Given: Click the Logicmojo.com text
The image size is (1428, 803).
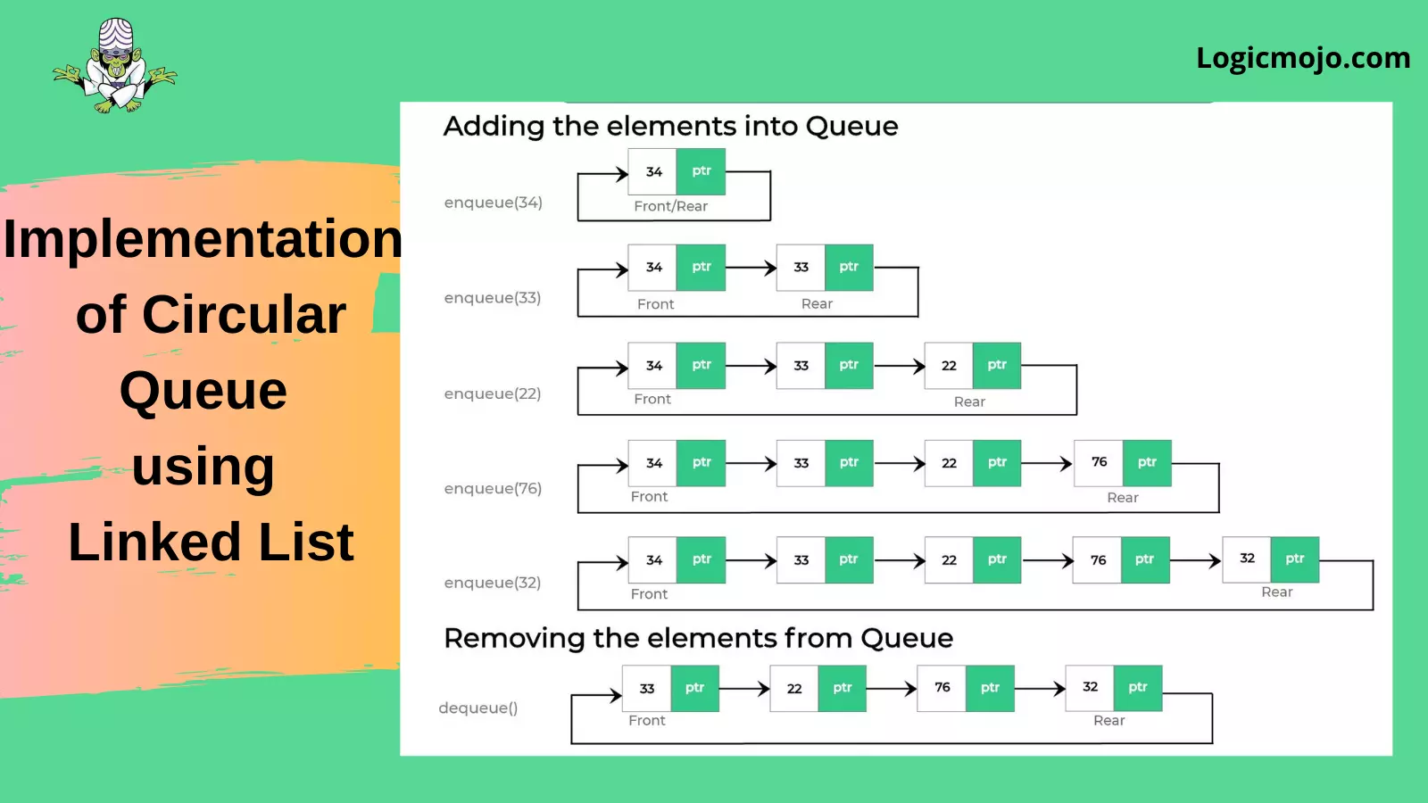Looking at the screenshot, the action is pyautogui.click(x=1303, y=59).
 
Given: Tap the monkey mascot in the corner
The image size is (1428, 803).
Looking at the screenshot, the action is pyautogui.click(x=115, y=66).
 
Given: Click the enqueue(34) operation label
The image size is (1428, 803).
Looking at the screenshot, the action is pyautogui.click(x=494, y=203).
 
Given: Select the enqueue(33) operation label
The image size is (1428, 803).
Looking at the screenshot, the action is pyautogui.click(x=493, y=298).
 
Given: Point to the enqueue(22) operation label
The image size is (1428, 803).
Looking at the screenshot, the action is pyautogui.click(x=493, y=393).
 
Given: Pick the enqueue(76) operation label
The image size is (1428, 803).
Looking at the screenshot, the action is pyautogui.click(x=493, y=488).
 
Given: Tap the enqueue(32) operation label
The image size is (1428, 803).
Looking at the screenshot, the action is pyautogui.click(x=493, y=583).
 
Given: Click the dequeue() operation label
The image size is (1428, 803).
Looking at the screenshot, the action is pyautogui.click(x=478, y=708).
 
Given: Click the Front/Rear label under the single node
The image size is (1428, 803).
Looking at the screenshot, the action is pyautogui.click(x=670, y=206).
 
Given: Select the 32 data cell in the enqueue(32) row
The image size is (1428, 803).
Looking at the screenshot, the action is pyautogui.click(x=1247, y=559).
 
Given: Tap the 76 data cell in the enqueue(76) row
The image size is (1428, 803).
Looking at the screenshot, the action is pyautogui.click(x=1099, y=463).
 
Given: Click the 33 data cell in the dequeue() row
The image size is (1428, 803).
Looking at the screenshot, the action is pyautogui.click(x=646, y=688).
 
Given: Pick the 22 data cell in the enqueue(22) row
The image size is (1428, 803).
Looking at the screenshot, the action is pyautogui.click(x=949, y=366).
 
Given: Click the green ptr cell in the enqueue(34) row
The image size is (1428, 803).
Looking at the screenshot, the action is pyautogui.click(x=701, y=171).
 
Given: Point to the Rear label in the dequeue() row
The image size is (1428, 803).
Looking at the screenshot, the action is pyautogui.click(x=1109, y=721).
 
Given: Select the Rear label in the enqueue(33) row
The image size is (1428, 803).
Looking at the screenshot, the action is pyautogui.click(x=817, y=304).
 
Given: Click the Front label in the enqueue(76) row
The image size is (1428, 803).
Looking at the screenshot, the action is pyautogui.click(x=649, y=496).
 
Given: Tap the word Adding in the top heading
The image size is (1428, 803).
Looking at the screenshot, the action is pyautogui.click(x=494, y=127).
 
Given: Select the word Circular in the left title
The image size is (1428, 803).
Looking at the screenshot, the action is pyautogui.click(x=245, y=314).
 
